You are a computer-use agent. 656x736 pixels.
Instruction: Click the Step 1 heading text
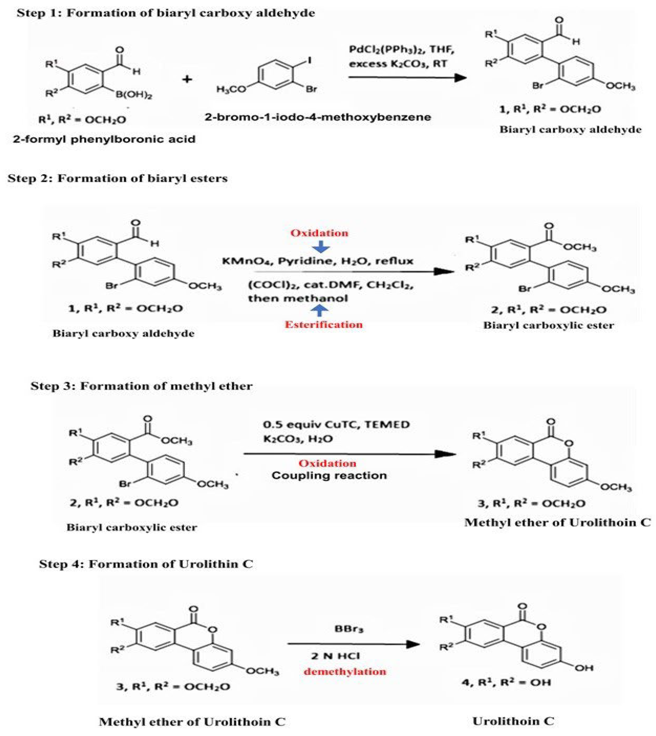(x=166, y=13)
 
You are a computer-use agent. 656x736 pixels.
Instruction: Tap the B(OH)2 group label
(x=134, y=95)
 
